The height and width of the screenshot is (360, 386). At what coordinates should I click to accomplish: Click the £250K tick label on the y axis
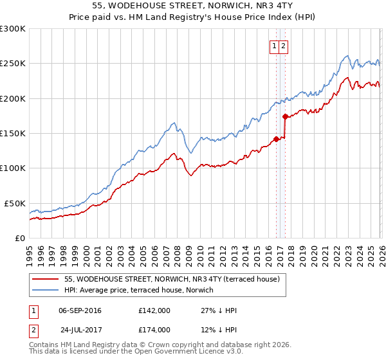[x=12, y=64]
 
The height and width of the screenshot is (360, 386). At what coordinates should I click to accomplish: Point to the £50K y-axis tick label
[x=15, y=203]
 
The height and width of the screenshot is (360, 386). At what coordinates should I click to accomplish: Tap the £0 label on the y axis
[x=19, y=238]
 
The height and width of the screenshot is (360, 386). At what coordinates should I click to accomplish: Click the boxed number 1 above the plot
[x=274, y=46]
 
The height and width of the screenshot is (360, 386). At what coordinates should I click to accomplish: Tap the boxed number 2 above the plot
[x=283, y=46]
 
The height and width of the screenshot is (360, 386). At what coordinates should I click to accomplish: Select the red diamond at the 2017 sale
[x=285, y=116]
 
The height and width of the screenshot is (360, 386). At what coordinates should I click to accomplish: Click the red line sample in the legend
[x=46, y=280]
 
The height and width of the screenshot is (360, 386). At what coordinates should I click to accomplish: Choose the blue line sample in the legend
[x=46, y=291]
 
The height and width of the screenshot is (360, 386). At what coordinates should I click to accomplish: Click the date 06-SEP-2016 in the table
[x=80, y=310]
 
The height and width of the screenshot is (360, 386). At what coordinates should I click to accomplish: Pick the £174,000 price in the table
[x=154, y=329]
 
